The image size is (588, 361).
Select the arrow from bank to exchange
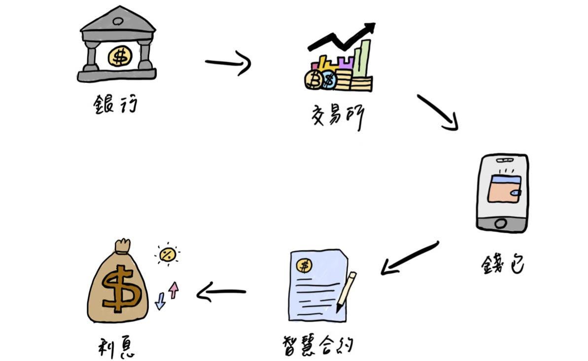point(228,63)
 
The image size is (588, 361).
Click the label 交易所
point(338,116)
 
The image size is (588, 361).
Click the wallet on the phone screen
point(504,189)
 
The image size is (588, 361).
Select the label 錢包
point(503,265)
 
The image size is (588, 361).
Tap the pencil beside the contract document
point(346,291)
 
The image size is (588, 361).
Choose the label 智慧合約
point(318,345)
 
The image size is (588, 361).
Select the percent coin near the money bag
point(168,254)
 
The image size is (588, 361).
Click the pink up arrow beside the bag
point(173,289)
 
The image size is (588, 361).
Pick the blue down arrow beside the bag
point(160,300)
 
